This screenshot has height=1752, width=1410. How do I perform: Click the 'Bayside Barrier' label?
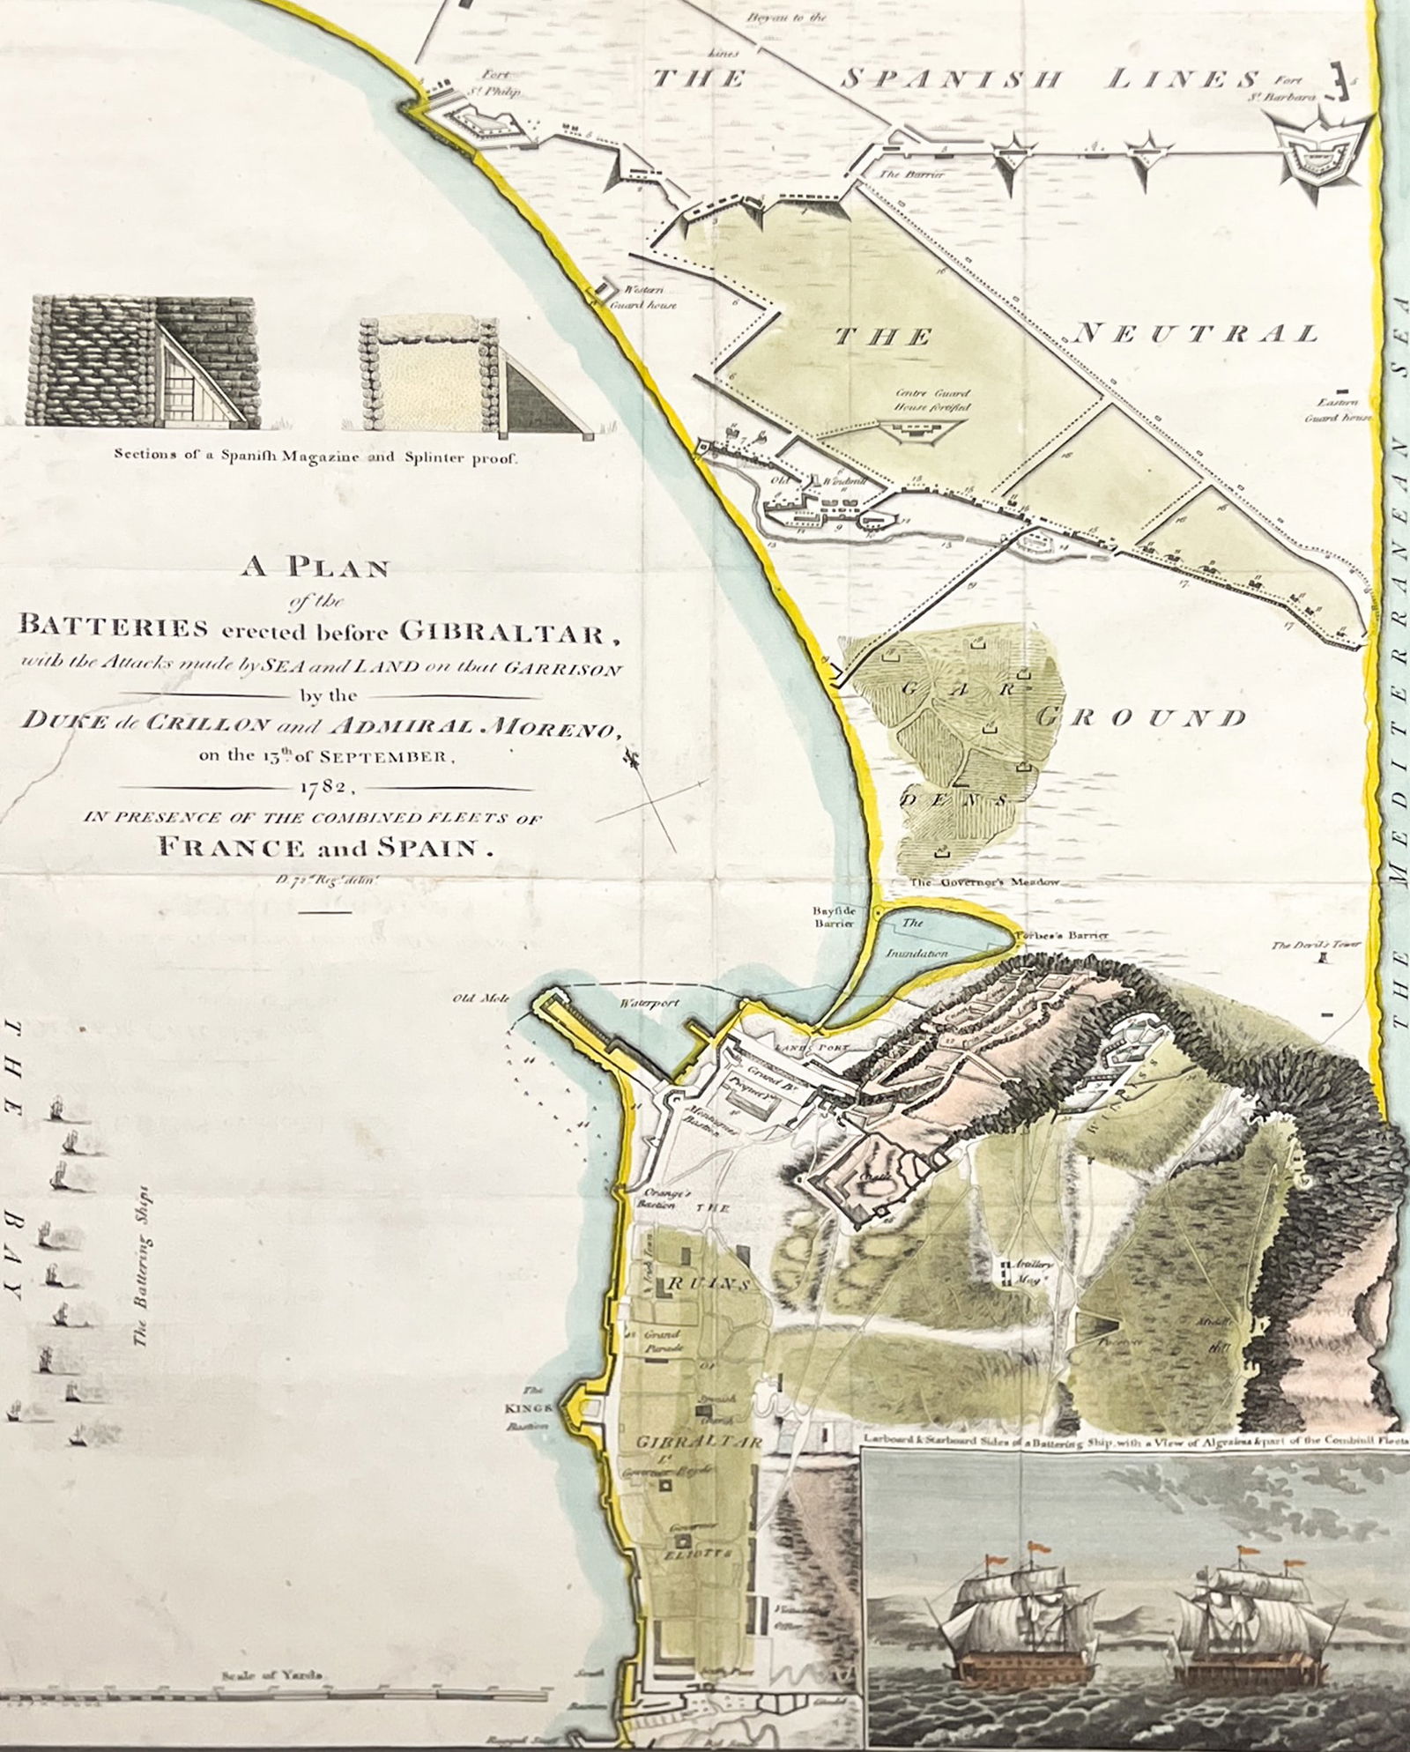(835, 917)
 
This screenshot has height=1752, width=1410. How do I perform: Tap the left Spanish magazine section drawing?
(142, 362)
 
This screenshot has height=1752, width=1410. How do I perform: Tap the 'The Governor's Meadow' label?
(984, 881)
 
